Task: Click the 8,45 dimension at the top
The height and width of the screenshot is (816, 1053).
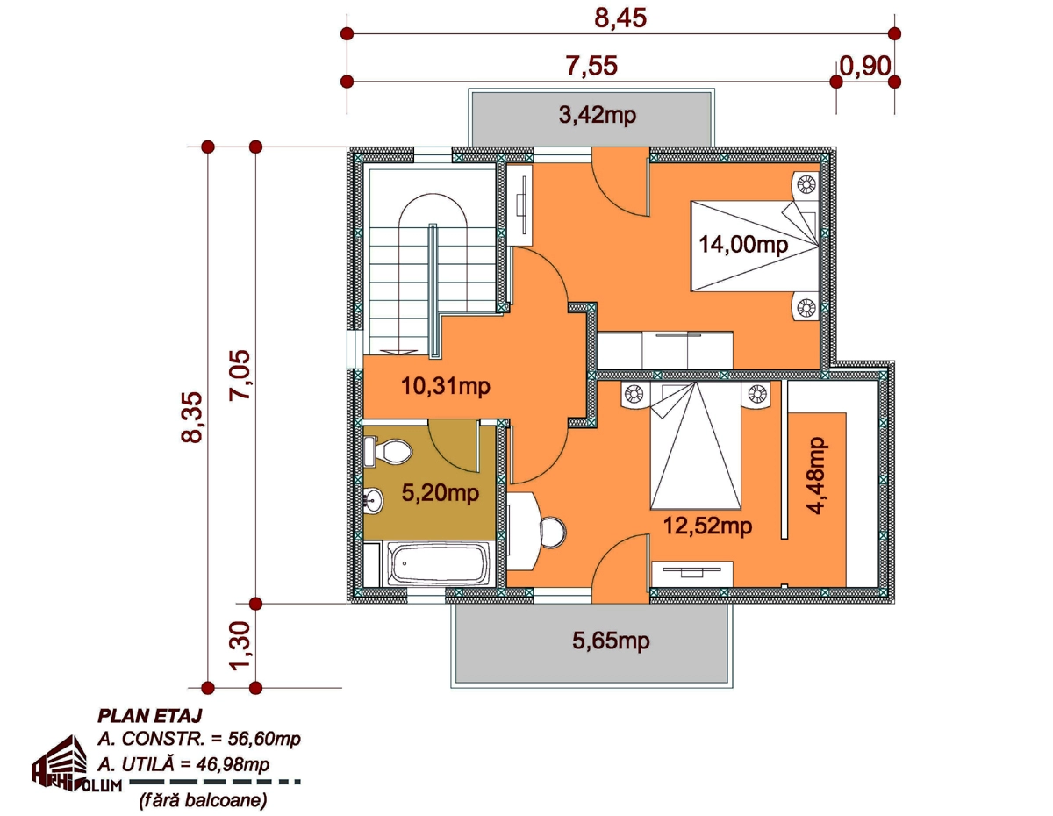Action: pyautogui.click(x=620, y=18)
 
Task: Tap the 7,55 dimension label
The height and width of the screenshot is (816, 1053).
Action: pyautogui.click(x=591, y=66)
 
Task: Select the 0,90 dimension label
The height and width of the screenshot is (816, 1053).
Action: pyautogui.click(x=865, y=66)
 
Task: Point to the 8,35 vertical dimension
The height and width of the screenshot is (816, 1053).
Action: pyautogui.click(x=191, y=417)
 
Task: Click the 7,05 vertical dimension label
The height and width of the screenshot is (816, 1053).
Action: pyautogui.click(x=240, y=375)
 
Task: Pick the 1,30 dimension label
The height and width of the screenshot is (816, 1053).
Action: pyautogui.click(x=240, y=646)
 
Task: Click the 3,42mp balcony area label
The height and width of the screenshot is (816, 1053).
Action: pyautogui.click(x=597, y=116)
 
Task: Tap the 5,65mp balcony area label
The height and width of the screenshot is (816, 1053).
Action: pyautogui.click(x=611, y=641)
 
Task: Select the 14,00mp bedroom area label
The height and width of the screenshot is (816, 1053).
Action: pyautogui.click(x=743, y=244)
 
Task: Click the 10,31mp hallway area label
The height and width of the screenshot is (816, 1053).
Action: pyautogui.click(x=446, y=386)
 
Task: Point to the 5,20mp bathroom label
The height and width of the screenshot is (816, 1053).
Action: pyautogui.click(x=440, y=493)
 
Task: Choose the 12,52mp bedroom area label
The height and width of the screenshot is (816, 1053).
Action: pyautogui.click(x=707, y=526)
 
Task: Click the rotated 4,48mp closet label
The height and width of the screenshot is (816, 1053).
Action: pyautogui.click(x=815, y=476)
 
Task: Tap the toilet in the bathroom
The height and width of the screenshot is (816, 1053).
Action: pyautogui.click(x=388, y=452)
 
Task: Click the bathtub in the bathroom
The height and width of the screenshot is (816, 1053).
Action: pyautogui.click(x=438, y=563)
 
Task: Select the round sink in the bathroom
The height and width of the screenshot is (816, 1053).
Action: pyautogui.click(x=374, y=498)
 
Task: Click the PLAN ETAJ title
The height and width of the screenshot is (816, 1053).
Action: pyautogui.click(x=150, y=716)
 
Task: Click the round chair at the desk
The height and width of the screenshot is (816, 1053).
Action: pyautogui.click(x=552, y=533)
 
